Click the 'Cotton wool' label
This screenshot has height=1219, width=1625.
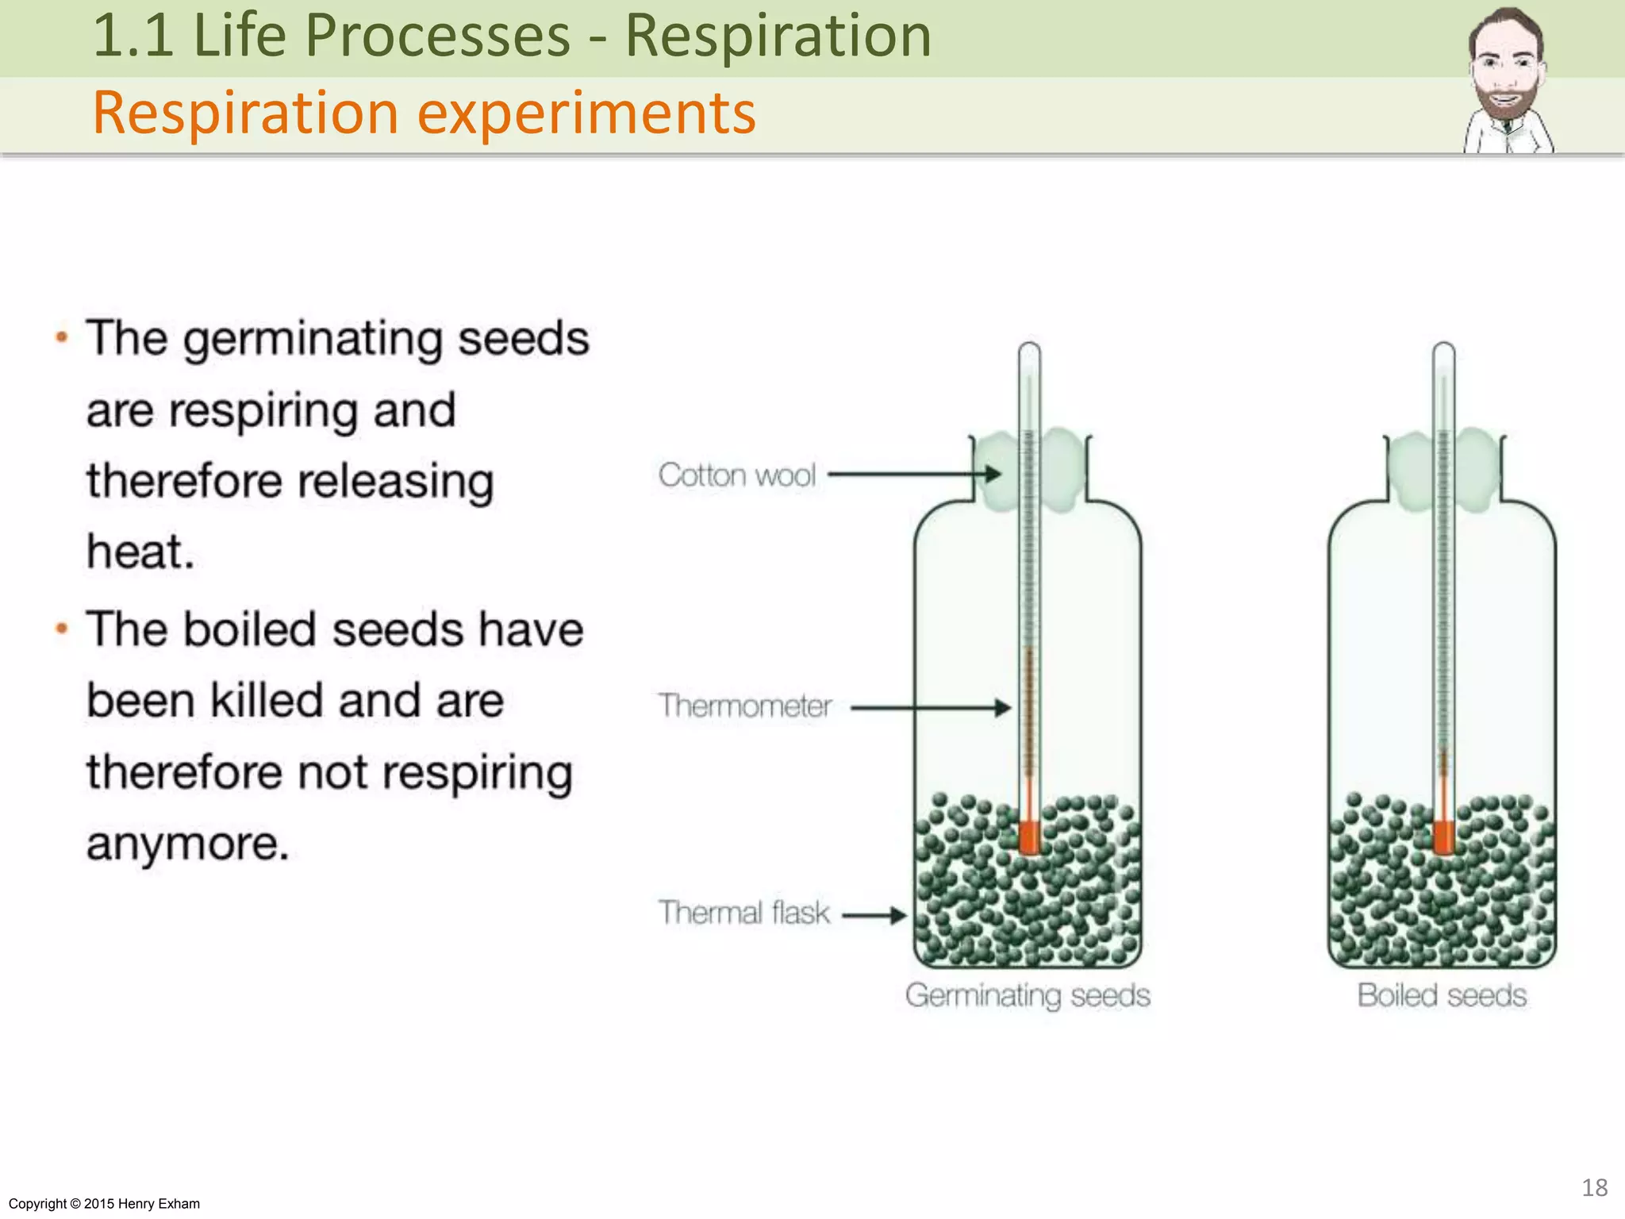point(736,475)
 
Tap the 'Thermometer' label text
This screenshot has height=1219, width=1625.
point(744,706)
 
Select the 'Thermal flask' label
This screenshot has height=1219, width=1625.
point(743,913)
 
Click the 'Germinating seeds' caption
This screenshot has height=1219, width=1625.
point(1028,995)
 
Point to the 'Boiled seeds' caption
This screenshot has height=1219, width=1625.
point(1442,995)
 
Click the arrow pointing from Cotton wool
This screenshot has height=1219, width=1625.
point(912,475)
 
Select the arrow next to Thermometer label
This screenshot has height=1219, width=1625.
point(928,707)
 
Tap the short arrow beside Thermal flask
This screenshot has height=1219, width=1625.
point(873,916)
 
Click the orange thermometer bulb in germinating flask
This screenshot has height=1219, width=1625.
point(1029,837)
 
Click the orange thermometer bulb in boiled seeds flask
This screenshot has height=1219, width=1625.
point(1443,837)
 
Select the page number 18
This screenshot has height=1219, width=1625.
point(1594,1187)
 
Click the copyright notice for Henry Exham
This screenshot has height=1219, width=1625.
point(104,1204)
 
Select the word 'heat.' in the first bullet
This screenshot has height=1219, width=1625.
point(140,552)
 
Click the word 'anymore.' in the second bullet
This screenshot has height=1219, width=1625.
point(187,843)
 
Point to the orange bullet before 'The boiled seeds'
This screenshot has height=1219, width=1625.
point(62,629)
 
